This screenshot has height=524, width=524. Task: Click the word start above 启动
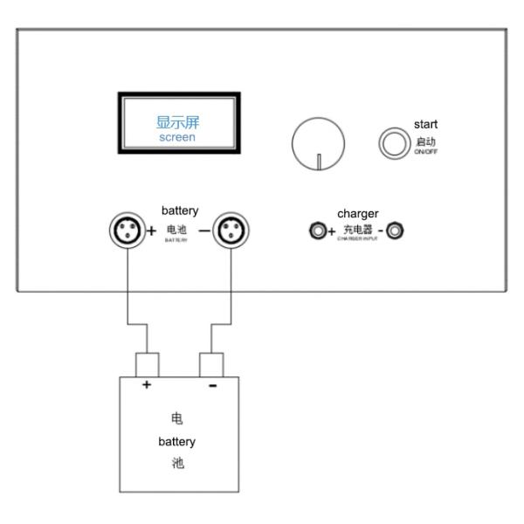(425, 125)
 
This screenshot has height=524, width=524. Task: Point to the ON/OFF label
(426, 153)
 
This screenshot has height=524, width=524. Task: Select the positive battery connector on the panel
(125, 231)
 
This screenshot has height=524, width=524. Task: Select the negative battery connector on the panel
(231, 231)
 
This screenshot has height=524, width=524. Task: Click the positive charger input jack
(318, 231)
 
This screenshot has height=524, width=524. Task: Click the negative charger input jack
(396, 231)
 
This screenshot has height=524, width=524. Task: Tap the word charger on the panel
(357, 213)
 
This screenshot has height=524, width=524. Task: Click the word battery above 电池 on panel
(180, 210)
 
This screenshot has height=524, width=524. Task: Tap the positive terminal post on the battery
(147, 363)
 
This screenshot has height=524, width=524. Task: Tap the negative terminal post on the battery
(213, 363)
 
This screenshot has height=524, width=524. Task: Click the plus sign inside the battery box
(147, 385)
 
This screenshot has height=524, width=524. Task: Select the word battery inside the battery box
(176, 441)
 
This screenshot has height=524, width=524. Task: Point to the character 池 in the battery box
(176, 463)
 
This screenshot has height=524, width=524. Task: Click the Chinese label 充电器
(356, 230)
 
